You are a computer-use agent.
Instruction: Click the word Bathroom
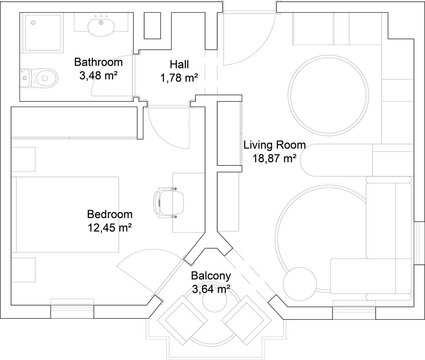(98, 62)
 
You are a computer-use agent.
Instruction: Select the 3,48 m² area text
(98, 76)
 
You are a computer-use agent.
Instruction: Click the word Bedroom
(110, 214)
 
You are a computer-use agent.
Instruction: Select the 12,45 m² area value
(110, 227)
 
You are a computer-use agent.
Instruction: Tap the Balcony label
(211, 277)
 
